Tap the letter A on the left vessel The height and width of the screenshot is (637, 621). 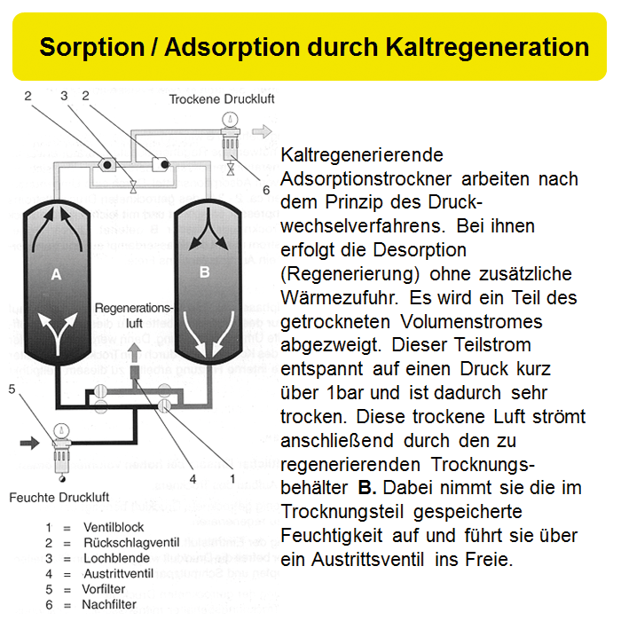point(56,275)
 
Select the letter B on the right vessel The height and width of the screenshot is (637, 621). point(204,272)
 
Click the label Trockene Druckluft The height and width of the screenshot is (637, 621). point(222,99)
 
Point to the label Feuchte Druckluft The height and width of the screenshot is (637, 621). point(59,498)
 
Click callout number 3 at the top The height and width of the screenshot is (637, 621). point(64,95)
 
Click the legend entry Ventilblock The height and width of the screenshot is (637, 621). point(113,527)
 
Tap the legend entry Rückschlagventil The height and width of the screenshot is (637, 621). point(128,543)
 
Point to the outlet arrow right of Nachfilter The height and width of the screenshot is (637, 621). point(262,131)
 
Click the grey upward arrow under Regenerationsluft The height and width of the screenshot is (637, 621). point(134,352)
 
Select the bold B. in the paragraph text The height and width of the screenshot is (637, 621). point(367,487)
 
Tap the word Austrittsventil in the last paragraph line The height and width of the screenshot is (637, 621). point(373,561)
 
